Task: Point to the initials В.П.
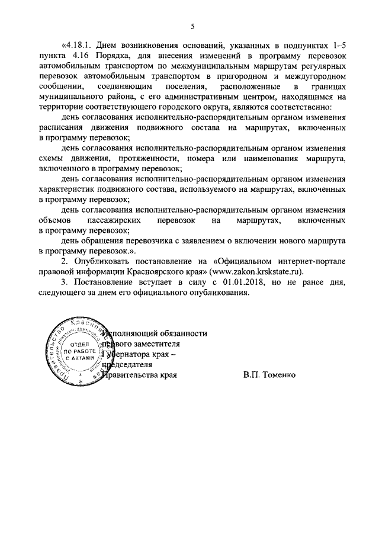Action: [249, 375]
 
